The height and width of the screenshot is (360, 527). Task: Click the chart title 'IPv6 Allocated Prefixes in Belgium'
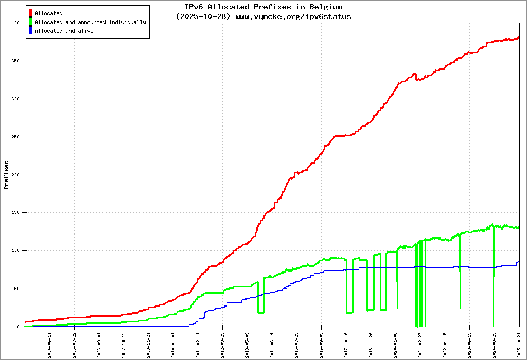tap(263, 7)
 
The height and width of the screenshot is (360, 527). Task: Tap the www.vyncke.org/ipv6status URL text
tap(293, 16)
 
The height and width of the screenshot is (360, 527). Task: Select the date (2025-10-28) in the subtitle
tap(203, 16)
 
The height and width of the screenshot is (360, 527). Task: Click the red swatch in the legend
tap(31, 13)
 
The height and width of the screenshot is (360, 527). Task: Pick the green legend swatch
tap(31, 22)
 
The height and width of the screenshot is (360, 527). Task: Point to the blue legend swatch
tap(31, 31)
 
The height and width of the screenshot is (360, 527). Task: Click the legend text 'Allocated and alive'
tap(64, 31)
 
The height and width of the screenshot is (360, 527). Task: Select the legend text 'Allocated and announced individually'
tap(90, 23)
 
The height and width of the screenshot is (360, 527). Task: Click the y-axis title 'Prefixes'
tap(7, 175)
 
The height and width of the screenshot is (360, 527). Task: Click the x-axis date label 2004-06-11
tap(50, 343)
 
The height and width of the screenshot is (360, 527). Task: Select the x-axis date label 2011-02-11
tap(198, 343)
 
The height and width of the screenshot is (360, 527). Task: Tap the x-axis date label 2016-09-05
tap(322, 343)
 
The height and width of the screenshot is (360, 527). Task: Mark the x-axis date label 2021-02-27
tap(420, 343)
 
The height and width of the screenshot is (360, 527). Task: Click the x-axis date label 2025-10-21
tap(519, 343)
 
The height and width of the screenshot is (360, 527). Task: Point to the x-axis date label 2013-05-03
tap(248, 343)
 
